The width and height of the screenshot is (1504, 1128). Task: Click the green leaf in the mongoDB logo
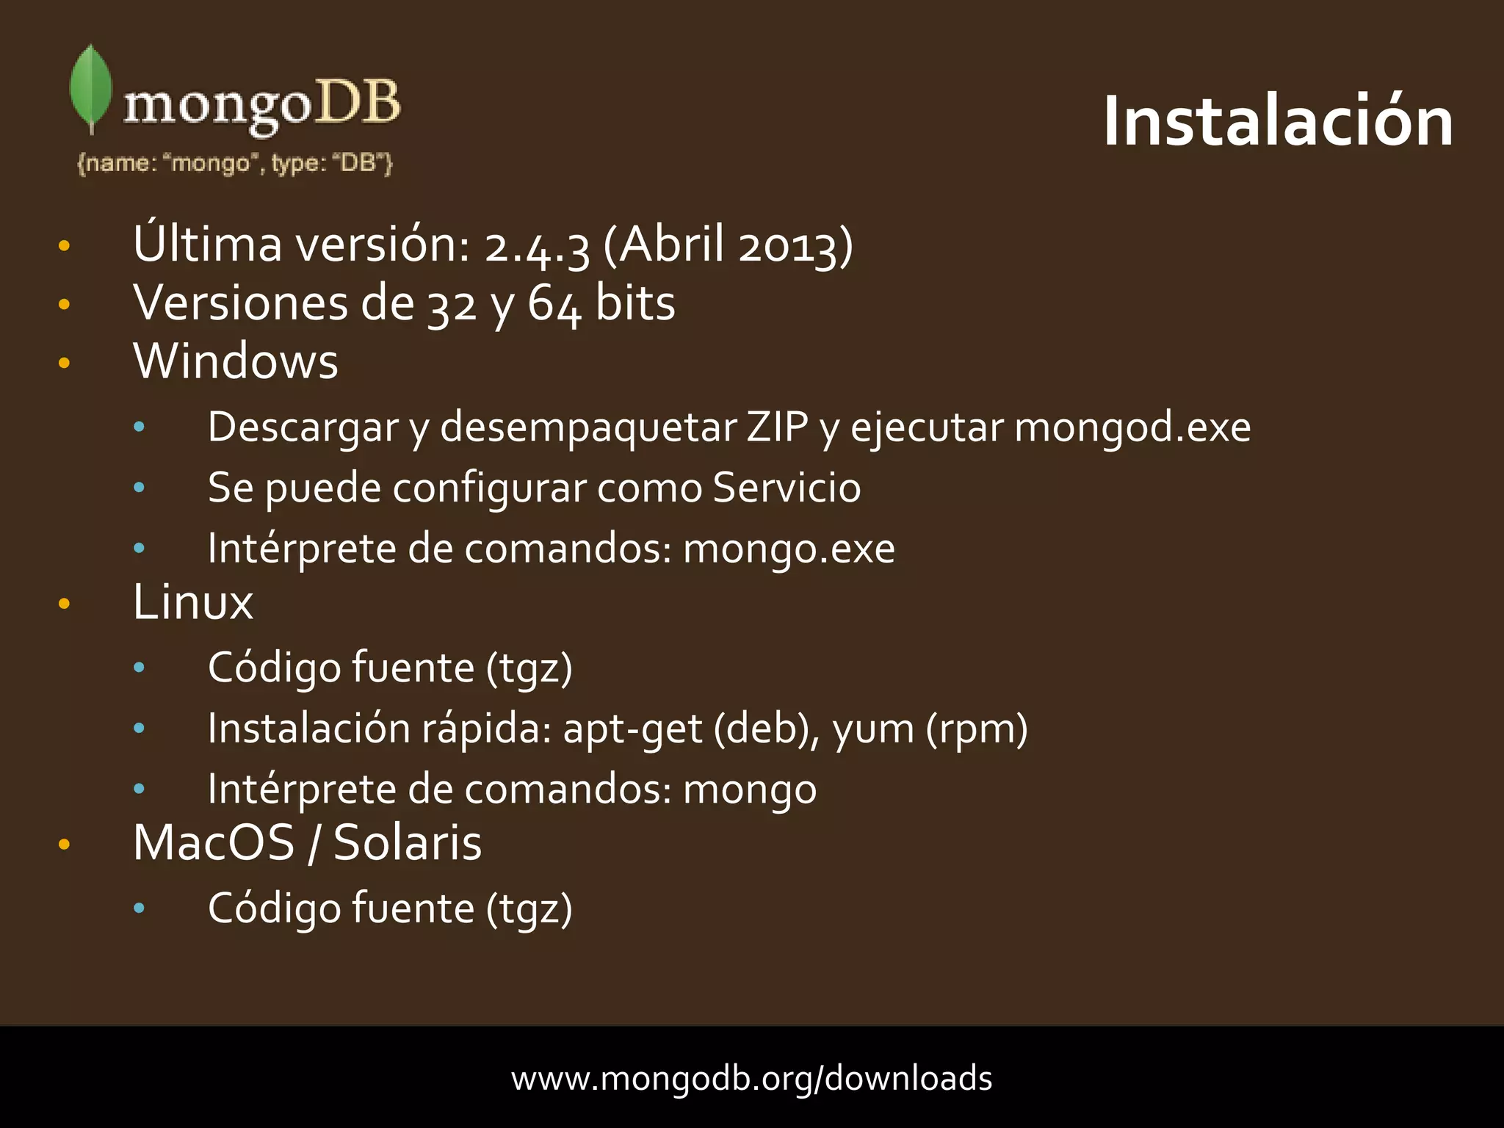(x=90, y=87)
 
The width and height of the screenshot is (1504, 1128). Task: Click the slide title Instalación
(x=1278, y=122)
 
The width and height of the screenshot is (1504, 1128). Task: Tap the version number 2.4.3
(x=537, y=245)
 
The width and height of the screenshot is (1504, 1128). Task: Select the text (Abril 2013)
(x=728, y=245)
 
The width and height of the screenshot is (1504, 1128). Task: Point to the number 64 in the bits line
(x=554, y=304)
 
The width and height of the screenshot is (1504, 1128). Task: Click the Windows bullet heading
(x=236, y=361)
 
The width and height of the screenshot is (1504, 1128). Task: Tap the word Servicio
(x=787, y=488)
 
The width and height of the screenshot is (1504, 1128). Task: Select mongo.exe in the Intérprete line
(x=789, y=549)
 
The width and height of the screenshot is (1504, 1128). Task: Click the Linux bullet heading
(x=193, y=603)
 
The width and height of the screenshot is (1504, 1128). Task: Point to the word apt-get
(x=632, y=729)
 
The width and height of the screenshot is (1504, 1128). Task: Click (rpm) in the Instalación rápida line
(x=977, y=729)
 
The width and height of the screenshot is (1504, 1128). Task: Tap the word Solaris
(x=408, y=843)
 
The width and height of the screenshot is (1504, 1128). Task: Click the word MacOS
(x=214, y=843)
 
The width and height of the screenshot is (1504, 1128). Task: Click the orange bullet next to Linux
(x=64, y=604)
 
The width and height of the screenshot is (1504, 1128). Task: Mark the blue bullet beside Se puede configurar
(x=139, y=488)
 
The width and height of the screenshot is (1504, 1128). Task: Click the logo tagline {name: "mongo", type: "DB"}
(x=235, y=163)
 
